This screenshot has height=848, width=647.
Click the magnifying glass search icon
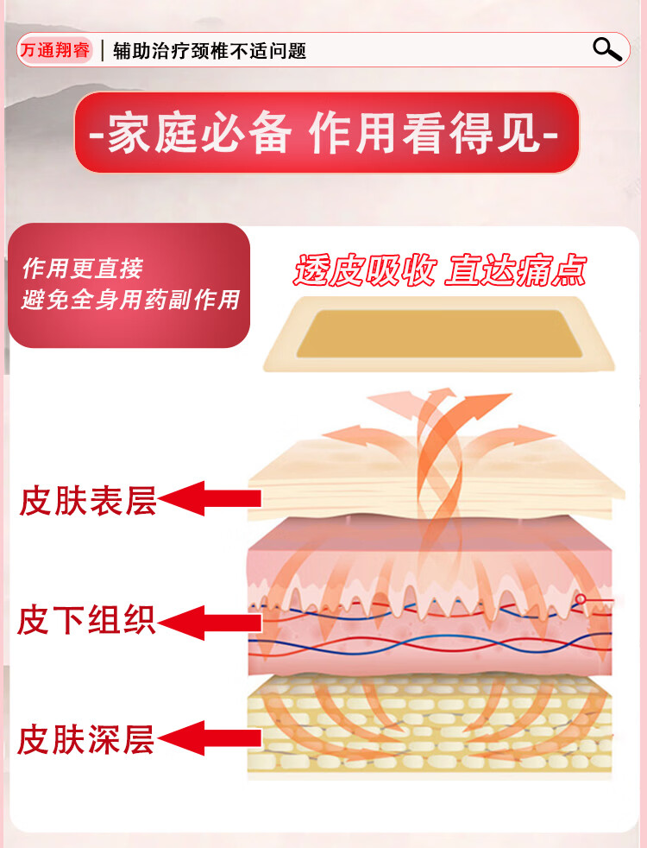607,49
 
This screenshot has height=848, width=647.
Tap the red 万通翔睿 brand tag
54,50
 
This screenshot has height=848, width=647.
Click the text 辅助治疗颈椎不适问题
210,51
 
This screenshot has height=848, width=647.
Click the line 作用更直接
82,269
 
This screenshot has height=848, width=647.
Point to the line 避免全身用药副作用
130,301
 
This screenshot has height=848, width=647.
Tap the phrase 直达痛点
516,270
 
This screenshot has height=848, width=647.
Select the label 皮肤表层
88,501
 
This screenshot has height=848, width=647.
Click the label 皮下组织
87,620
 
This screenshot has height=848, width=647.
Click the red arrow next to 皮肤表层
210,498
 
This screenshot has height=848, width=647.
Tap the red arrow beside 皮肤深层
210,737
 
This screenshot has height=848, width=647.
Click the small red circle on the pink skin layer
581,598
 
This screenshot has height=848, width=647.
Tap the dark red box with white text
129,285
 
